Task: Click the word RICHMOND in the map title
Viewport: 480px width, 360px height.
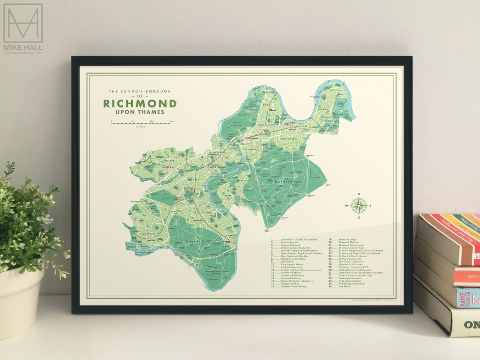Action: [x=140, y=104]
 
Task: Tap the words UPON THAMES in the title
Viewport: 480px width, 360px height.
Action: [x=140, y=112]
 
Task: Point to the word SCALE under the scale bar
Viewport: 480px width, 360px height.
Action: [x=140, y=126]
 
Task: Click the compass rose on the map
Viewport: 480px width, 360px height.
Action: [x=359, y=206]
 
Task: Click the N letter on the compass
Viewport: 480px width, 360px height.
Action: [x=359, y=194]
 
